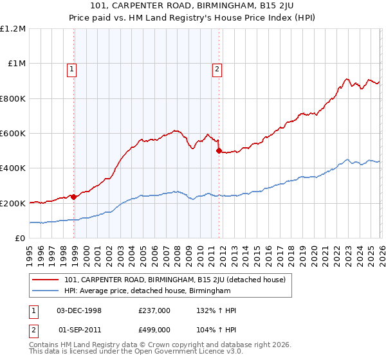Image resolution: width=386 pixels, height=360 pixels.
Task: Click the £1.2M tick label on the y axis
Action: [x=13, y=28]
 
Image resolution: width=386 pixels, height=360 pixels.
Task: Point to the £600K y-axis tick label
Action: [x=13, y=133]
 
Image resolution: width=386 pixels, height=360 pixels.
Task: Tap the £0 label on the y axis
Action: [x=20, y=238]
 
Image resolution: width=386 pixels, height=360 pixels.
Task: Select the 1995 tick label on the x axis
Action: [x=30, y=251]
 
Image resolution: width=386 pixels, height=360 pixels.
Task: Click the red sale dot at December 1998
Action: [x=74, y=197]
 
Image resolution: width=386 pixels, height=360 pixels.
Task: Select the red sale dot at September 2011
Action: [x=219, y=151]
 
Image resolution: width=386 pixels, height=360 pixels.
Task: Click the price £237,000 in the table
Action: [x=154, y=310]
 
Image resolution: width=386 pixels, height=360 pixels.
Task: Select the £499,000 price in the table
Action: [x=154, y=330]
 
